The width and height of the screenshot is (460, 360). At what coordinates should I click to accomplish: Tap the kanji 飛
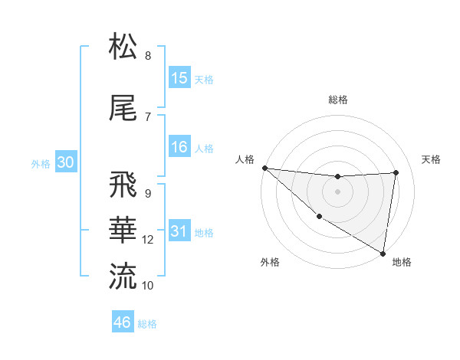pyautogui.click(x=123, y=186)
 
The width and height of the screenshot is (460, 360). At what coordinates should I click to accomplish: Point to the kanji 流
pyautogui.click(x=123, y=276)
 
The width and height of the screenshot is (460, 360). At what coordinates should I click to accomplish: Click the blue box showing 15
pyautogui.click(x=179, y=78)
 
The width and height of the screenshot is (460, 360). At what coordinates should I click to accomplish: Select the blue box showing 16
pyautogui.click(x=179, y=148)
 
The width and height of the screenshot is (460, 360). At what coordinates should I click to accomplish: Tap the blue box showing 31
pyautogui.click(x=179, y=232)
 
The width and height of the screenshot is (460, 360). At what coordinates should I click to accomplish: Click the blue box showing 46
pyautogui.click(x=123, y=322)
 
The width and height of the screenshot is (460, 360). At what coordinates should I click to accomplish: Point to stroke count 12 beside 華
pyautogui.click(x=148, y=240)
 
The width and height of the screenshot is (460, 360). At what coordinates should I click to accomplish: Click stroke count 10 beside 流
pyautogui.click(x=148, y=285)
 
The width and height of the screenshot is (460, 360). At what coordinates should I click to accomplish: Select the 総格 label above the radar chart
pyautogui.click(x=338, y=100)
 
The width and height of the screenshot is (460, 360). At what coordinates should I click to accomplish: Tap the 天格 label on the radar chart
pyautogui.click(x=432, y=159)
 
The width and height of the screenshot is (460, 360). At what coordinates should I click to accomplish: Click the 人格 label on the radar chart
pyautogui.click(x=245, y=159)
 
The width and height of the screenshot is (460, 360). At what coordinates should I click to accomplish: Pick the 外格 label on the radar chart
pyautogui.click(x=270, y=263)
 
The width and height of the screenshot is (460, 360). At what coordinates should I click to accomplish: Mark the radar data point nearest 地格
pyautogui.click(x=383, y=253)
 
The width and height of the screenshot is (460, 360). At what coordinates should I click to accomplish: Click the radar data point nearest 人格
pyautogui.click(x=264, y=168)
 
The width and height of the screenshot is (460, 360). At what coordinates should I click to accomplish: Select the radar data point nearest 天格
pyautogui.click(x=396, y=172)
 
